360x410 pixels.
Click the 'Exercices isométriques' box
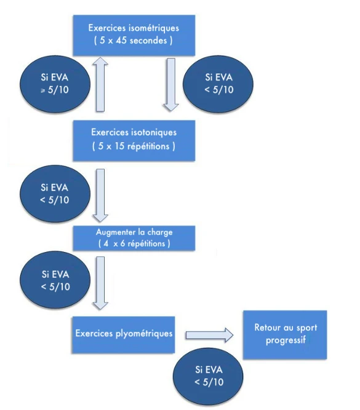point(134,35)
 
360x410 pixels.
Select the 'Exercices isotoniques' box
point(134,141)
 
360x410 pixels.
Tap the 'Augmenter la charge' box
point(134,239)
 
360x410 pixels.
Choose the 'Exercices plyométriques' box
point(124,334)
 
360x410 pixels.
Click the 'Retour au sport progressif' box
point(285,334)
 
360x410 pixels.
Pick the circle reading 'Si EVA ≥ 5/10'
point(55,84)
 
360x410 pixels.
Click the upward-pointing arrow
point(100,84)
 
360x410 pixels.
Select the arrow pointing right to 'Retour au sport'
point(209,335)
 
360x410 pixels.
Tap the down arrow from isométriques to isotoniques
point(171,85)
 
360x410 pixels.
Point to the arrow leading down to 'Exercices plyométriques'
point(100,283)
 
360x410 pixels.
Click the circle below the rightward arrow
point(208,376)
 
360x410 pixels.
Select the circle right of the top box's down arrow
point(218,84)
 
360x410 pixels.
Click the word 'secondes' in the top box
point(148,41)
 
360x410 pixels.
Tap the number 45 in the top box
point(121,41)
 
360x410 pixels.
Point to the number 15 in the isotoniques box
point(119,146)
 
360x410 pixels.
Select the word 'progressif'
point(286,341)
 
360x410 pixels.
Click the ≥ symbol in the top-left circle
point(43,91)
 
